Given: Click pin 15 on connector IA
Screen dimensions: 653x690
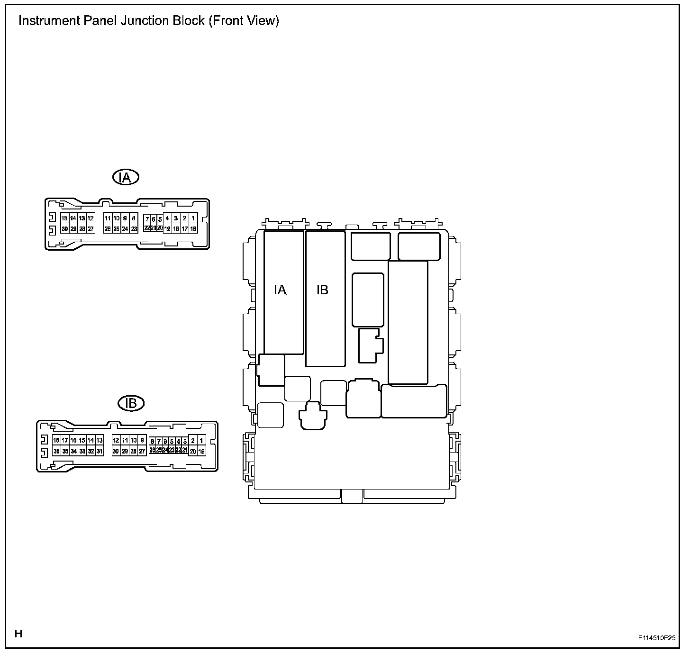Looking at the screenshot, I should [64, 218].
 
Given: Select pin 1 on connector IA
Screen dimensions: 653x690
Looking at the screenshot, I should [193, 218].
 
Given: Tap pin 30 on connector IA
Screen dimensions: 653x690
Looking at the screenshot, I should [64, 229].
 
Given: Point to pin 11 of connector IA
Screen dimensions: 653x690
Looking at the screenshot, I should [108, 218].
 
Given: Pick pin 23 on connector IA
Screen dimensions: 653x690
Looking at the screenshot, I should [134, 229].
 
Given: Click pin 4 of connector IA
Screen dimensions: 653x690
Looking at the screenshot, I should [167, 218].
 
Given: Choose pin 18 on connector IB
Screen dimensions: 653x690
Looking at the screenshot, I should [56, 441].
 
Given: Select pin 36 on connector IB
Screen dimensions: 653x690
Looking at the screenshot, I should [56, 451].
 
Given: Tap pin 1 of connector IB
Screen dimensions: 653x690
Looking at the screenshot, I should [201, 441].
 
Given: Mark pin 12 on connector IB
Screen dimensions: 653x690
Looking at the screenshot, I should [116, 441].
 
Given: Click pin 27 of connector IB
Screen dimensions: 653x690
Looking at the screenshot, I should [142, 451].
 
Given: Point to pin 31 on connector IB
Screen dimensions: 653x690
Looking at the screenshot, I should [100, 451].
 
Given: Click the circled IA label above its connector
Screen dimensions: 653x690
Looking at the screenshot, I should [126, 178].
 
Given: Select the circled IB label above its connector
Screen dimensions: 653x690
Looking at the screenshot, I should [131, 403].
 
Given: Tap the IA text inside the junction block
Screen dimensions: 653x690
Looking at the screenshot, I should [281, 290].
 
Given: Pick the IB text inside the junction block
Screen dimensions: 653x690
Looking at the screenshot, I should [322, 290].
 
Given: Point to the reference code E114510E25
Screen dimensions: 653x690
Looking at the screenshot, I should [656, 638].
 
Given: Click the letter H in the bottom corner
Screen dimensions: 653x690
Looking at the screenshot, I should [18, 634].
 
